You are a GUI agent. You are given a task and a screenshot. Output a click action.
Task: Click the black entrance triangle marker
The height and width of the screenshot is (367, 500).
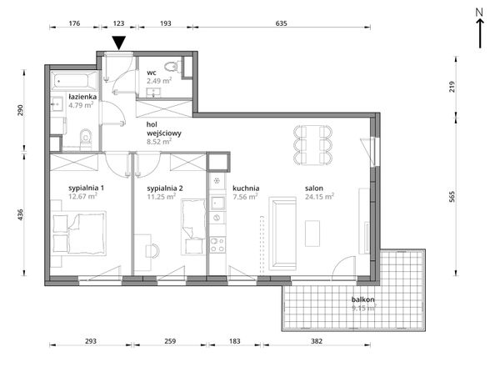pos(119,43)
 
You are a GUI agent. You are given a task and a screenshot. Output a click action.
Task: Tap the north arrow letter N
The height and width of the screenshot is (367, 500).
pos(479,13)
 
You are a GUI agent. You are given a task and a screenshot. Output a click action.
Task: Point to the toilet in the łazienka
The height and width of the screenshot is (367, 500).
pos(86,139)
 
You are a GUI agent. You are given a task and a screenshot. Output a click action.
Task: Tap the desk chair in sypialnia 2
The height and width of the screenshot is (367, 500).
pos(152,250)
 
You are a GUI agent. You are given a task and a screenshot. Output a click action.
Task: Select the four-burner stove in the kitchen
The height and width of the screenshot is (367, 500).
pos(217,244)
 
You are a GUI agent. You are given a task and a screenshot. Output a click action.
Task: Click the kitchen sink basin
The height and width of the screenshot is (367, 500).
pos(217,203)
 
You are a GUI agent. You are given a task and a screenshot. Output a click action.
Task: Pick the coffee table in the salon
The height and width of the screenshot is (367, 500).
pos(312,234)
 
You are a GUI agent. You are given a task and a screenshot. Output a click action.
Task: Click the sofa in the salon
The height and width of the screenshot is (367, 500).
pos(282,234)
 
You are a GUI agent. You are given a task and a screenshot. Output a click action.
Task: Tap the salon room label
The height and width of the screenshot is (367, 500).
pos(314,189)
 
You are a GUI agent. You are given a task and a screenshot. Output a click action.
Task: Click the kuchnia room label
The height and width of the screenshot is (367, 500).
pos(246,189)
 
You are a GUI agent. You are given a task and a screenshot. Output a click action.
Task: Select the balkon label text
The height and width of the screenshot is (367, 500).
pos(362,299)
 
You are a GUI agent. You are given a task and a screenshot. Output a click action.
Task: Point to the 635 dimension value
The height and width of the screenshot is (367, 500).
pos(282,23)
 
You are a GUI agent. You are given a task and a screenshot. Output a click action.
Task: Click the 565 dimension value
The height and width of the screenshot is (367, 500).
pos(452,197)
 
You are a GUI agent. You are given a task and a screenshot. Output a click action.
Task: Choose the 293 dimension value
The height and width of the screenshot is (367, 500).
pos(91,341)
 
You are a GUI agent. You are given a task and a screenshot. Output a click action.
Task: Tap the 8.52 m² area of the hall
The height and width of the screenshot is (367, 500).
pos(159,141)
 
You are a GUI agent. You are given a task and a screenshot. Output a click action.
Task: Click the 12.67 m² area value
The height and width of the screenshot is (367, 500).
pos(82,196)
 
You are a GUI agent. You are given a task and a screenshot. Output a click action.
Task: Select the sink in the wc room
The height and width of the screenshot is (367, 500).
pos(154,93)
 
